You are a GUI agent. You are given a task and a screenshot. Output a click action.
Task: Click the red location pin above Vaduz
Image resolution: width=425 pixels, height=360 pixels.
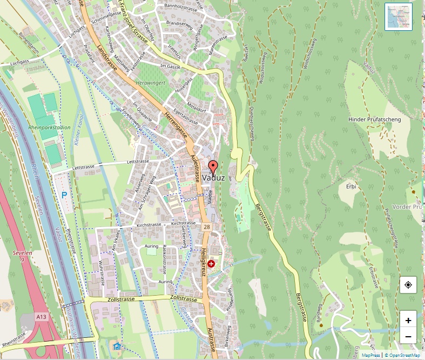pos(213,167)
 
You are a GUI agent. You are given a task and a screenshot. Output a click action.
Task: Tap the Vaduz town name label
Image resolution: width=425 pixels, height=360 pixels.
pos(214,178)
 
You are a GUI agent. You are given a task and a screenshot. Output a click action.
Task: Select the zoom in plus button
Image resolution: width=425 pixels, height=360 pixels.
pos(408,320)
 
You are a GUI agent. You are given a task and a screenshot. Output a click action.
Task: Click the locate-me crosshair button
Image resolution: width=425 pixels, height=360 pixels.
pos(408,284)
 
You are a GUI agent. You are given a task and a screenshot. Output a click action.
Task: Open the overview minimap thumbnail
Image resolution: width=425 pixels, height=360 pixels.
pos(399,17)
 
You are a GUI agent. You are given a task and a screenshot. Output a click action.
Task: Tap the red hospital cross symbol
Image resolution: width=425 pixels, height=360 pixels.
pos(211,263)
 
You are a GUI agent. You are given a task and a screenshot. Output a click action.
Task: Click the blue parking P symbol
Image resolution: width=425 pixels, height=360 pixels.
pos(64,195)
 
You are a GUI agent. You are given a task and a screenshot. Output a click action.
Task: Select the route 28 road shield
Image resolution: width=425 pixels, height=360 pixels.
pos(207,228)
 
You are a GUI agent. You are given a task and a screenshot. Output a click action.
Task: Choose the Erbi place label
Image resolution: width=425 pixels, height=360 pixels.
pos(352,186)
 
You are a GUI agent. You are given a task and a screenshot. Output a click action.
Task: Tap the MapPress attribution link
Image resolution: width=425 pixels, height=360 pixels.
pos(371,355)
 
